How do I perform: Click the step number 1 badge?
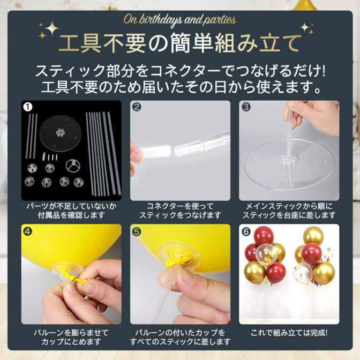(28, 107)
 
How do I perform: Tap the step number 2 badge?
(137, 107)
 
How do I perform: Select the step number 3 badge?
(246, 107)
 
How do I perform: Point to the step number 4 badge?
(27, 231)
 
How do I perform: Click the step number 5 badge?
(137, 231)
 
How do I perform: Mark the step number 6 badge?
(246, 231)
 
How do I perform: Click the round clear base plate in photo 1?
(61, 133)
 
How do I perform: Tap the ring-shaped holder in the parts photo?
(73, 166)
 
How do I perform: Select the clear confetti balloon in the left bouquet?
(267, 254)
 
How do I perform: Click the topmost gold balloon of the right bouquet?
(313, 235)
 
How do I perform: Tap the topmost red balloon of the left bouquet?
(264, 236)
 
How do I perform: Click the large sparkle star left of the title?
(52, 28)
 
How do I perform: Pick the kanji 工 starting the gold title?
(68, 43)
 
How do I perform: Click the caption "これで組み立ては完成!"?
(289, 333)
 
